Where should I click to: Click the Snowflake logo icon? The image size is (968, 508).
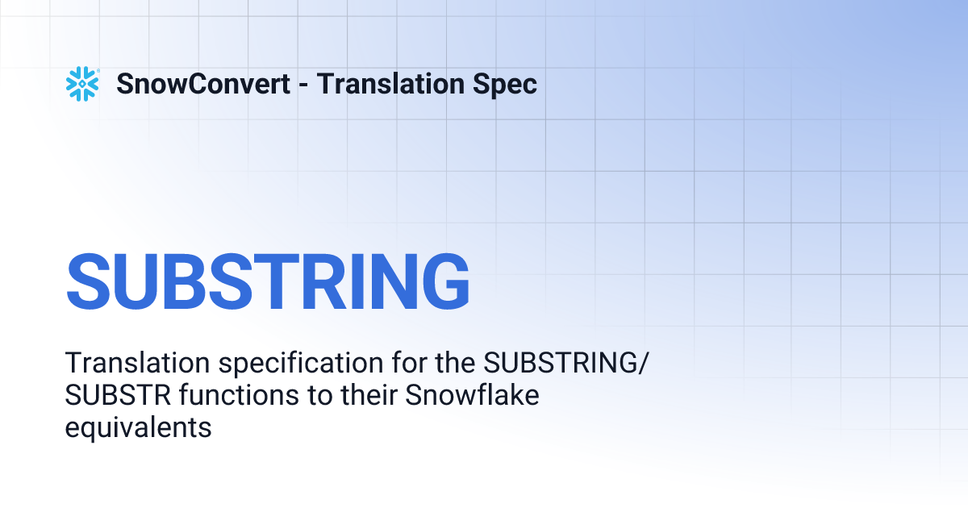[82, 84]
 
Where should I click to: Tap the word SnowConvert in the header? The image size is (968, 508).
[203, 84]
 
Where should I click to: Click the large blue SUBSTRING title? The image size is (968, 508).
[268, 281]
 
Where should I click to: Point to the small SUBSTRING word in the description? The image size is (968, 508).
[559, 364]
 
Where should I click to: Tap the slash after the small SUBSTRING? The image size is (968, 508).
[643, 364]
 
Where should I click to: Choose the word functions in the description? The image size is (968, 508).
[218, 396]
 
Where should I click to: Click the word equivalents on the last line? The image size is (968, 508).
[138, 428]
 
